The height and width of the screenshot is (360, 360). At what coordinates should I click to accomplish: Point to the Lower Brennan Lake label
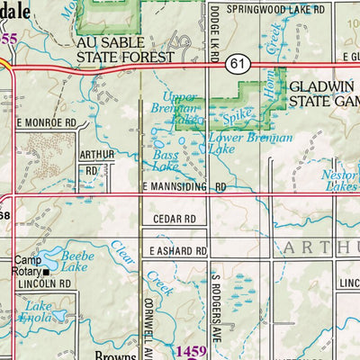(238, 145)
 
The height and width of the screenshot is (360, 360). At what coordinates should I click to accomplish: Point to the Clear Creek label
(128, 262)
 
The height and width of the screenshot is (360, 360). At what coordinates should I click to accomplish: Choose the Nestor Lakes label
(342, 181)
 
